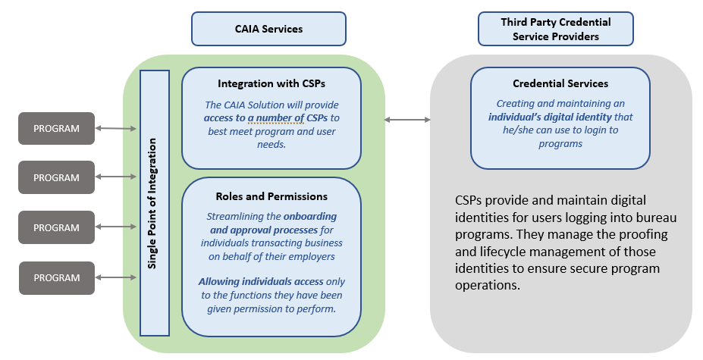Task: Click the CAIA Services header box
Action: [x=268, y=29]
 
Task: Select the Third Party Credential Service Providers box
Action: [x=555, y=29]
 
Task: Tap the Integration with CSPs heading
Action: [x=271, y=83]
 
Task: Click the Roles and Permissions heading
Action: [x=271, y=196]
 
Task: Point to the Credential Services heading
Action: [x=560, y=83]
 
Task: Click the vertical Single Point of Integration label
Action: [x=154, y=202]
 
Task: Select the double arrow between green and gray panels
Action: [x=407, y=119]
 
